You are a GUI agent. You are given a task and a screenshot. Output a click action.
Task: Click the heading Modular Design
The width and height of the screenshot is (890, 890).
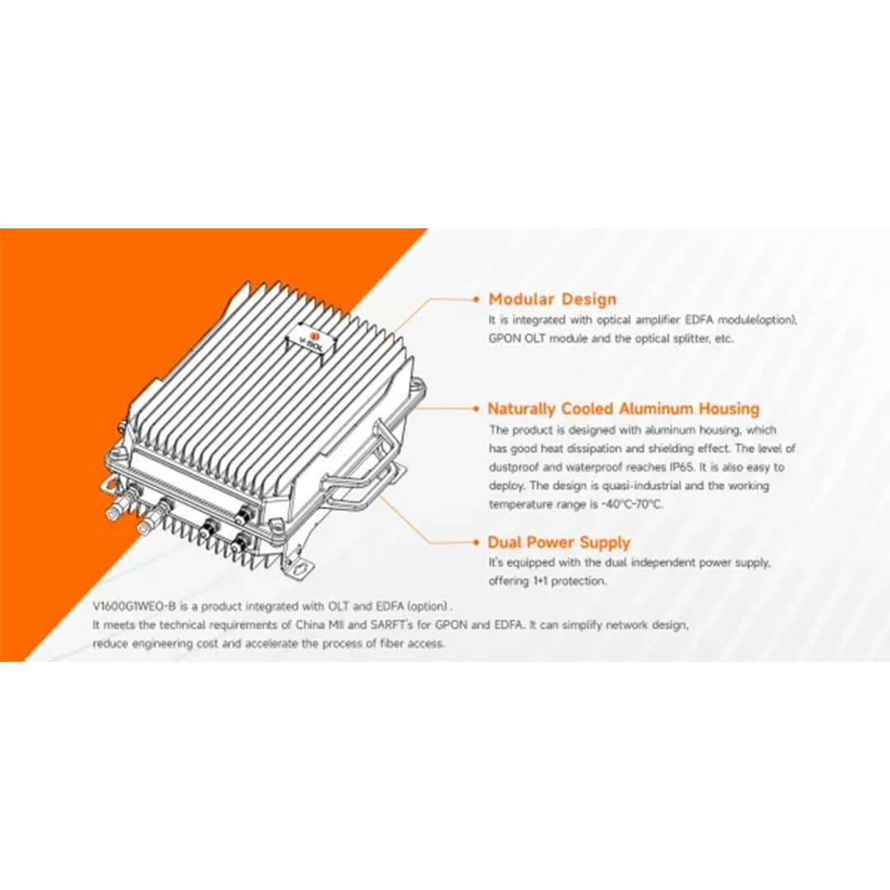click(551, 300)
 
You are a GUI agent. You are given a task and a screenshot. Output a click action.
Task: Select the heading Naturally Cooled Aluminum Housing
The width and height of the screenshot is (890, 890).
click(623, 409)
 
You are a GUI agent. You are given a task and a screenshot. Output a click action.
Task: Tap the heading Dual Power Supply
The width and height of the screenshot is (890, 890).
click(559, 542)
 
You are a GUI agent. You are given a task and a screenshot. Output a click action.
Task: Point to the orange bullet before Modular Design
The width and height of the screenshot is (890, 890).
click(476, 299)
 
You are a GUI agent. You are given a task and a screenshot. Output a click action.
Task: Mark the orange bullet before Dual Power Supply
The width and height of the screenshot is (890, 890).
click(476, 542)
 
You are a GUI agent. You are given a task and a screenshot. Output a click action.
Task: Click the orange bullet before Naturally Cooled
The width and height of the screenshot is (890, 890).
click(476, 409)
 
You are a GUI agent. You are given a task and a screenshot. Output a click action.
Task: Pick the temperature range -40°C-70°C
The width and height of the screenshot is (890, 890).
click(632, 504)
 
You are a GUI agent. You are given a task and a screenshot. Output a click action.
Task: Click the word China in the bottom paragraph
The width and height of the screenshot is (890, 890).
click(310, 625)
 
